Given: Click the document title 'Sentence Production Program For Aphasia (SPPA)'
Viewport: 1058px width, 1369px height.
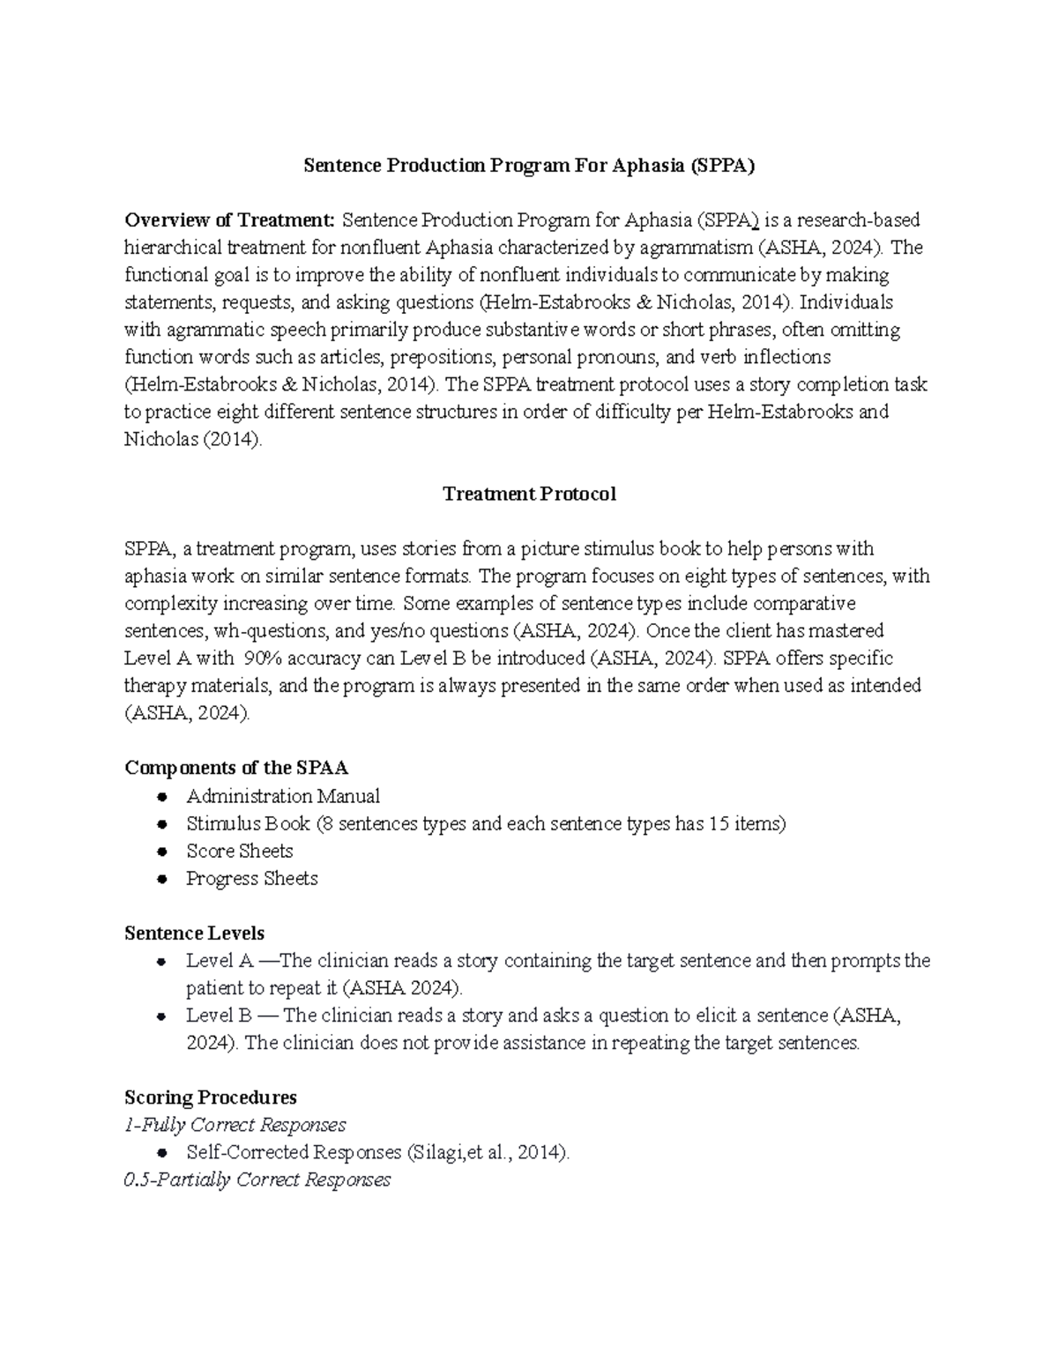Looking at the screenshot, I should point(529,166).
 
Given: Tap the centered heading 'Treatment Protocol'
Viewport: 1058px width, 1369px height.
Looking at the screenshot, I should point(529,495).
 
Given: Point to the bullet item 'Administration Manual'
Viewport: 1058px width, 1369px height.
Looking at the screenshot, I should point(283,797).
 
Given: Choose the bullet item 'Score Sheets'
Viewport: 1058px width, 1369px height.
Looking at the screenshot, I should point(240,852).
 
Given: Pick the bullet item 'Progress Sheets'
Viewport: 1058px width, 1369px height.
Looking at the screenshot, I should point(252,879).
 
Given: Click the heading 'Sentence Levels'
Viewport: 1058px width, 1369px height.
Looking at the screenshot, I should point(194,934).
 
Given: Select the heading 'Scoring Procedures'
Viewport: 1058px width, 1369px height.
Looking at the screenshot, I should point(211,1098).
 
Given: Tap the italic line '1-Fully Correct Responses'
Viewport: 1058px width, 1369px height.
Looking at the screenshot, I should point(235,1126).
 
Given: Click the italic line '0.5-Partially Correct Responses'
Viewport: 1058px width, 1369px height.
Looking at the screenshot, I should point(257,1180).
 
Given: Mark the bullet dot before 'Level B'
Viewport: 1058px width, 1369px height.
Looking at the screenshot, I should point(161,1016).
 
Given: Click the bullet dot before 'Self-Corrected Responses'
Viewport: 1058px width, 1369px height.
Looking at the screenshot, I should point(161,1153).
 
